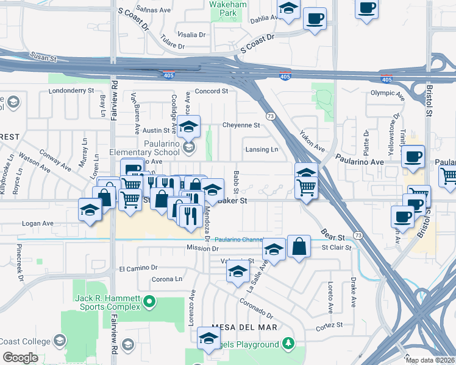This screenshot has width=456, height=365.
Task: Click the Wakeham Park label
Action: point(223,8)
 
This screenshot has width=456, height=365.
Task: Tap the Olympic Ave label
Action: point(387,93)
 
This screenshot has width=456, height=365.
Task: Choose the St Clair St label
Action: point(337,248)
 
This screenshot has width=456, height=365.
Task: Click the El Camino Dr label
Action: point(138,268)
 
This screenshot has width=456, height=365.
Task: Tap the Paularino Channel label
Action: point(238,240)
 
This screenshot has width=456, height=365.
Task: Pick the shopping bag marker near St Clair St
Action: point(299,246)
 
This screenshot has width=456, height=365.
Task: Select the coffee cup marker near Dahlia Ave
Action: point(315,19)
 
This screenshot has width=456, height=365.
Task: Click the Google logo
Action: point(20,358)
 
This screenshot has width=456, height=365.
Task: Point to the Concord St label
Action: point(211,91)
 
